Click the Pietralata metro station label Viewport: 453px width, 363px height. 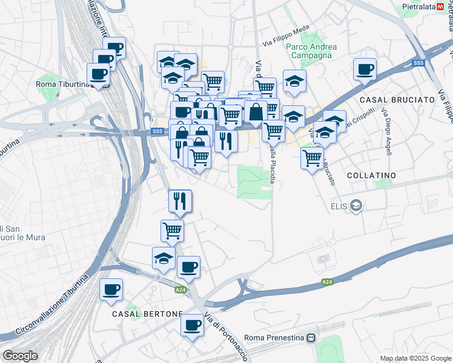pos(422,7)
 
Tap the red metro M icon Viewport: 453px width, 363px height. pos(448,7)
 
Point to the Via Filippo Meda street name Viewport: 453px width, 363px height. pos(286,38)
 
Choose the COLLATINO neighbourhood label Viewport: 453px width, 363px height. pos(371,175)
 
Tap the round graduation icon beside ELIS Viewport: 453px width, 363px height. pos(356,206)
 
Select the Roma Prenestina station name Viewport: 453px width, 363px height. pos(275,338)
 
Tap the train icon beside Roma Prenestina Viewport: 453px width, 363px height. pos(311,338)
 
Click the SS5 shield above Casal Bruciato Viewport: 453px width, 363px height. pos(418,63)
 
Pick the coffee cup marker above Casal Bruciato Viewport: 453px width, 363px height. pos(365,69)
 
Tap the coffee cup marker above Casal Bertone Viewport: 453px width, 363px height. pos(111,289)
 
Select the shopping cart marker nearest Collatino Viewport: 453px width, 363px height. pos(312,158)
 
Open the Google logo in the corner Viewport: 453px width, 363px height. pos(20,356)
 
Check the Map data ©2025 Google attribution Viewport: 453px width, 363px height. pos(415,358)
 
